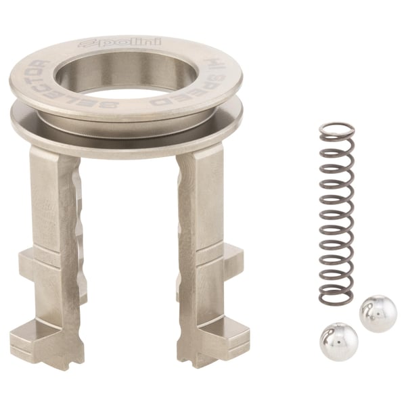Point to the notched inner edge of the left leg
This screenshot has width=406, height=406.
pos(76,203)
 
